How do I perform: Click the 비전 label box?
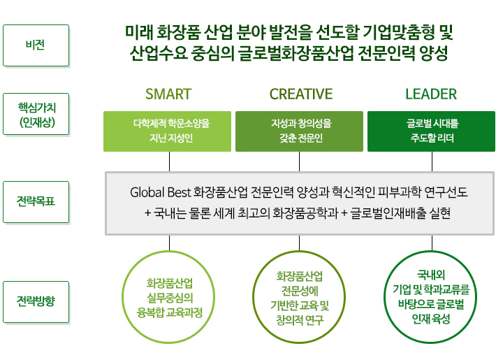click(x=36, y=45)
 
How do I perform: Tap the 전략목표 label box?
click(x=36, y=202)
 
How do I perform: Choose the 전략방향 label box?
click(x=36, y=301)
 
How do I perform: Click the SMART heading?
click(x=168, y=94)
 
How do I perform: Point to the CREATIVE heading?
click(x=301, y=94)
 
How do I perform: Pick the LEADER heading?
click(x=430, y=94)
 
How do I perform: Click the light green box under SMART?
click(x=167, y=131)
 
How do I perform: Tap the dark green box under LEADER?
click(x=430, y=131)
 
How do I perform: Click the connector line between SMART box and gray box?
click(x=168, y=161)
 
